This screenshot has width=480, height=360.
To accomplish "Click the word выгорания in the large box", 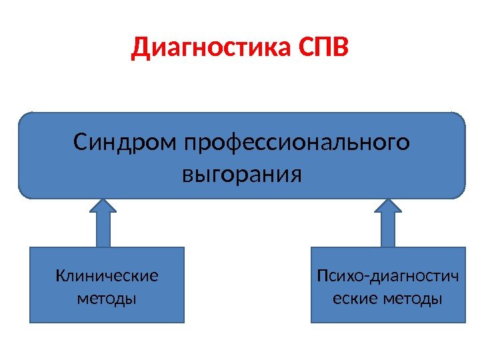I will (x=241, y=175).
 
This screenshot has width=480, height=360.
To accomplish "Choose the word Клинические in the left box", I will (x=107, y=275).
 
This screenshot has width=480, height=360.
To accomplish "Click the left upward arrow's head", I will (x=103, y=206).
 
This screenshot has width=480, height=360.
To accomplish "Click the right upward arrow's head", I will (x=388, y=206).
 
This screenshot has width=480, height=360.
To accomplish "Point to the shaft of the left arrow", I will (x=103, y=230).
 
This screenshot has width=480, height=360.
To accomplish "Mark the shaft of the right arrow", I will (x=388, y=230).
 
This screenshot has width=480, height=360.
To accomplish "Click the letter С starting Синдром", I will (x=80, y=143).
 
